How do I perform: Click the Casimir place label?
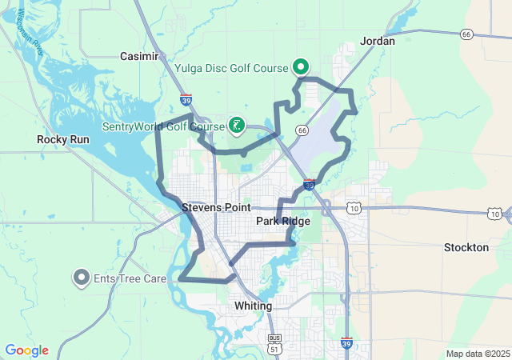click(x=139, y=56)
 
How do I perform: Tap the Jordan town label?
click(x=378, y=40)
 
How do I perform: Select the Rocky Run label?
click(x=63, y=139)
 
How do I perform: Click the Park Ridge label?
click(x=283, y=221)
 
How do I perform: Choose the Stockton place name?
click(x=466, y=248)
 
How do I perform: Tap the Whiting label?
click(x=254, y=306)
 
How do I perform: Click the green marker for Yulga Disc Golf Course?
click(x=301, y=66)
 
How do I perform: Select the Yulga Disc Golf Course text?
click(x=232, y=68)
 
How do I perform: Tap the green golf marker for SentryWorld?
click(x=236, y=124)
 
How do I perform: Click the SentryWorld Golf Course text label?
click(x=164, y=126)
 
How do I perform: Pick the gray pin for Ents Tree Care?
click(x=81, y=278)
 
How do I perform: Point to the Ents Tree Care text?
click(x=130, y=278)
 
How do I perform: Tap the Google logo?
click(x=26, y=350)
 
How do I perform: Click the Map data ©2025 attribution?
click(x=477, y=354)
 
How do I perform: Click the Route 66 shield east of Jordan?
click(x=466, y=34)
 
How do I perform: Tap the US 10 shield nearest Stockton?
click(x=496, y=214)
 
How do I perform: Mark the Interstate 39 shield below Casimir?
click(x=186, y=102)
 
